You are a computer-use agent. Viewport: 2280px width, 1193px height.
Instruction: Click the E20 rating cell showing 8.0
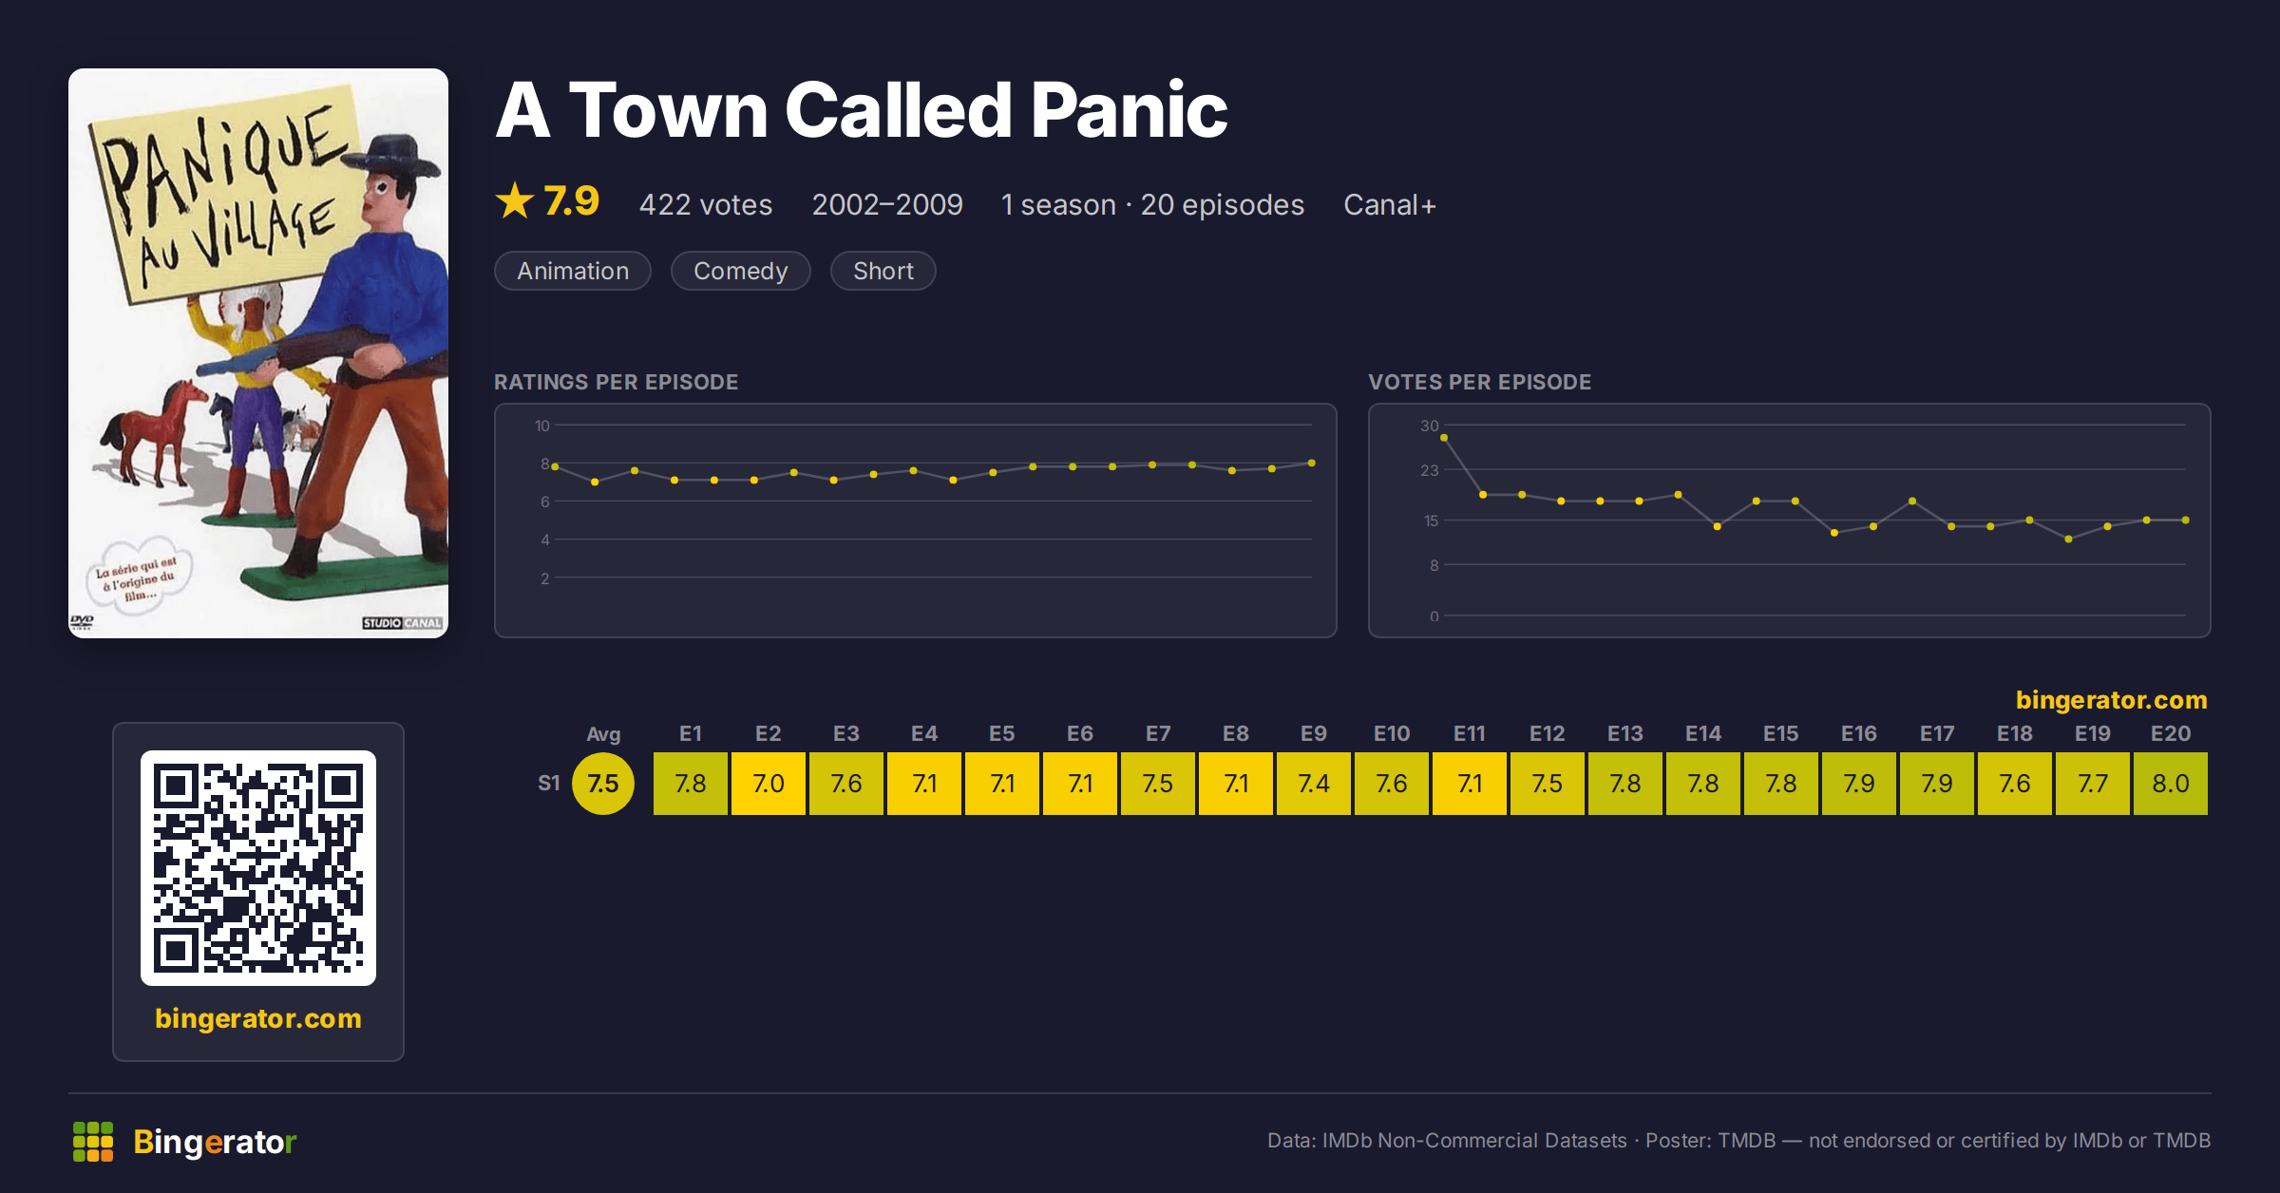click(2170, 784)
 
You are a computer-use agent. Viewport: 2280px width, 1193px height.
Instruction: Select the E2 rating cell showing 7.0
click(768, 784)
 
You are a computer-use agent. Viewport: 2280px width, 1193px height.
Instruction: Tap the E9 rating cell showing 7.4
click(1313, 784)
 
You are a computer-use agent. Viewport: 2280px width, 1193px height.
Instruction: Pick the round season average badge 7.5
click(603, 784)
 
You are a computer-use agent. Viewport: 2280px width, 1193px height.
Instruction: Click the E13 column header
click(1624, 733)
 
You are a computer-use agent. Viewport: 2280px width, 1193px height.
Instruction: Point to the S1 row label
click(549, 784)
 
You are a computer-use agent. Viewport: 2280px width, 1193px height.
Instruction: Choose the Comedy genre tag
click(741, 271)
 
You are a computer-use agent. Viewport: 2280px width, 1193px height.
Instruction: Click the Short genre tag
click(883, 271)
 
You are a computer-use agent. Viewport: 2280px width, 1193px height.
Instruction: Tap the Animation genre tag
click(573, 271)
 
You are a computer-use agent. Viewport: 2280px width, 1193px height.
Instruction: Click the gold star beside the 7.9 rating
click(515, 200)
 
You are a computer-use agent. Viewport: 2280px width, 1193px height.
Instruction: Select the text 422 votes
click(706, 205)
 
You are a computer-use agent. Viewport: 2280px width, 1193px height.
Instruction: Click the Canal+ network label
click(1390, 205)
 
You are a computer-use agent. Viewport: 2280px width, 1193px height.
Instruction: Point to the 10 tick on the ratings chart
click(541, 426)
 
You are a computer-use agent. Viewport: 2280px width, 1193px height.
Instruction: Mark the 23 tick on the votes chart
click(1429, 470)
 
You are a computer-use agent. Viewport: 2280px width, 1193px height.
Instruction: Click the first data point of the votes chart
click(1444, 438)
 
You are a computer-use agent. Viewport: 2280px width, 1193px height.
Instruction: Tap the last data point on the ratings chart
click(1312, 464)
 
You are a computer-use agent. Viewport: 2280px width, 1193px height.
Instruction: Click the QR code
click(258, 868)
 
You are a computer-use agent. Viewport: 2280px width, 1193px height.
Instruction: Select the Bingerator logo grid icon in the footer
click(93, 1142)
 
